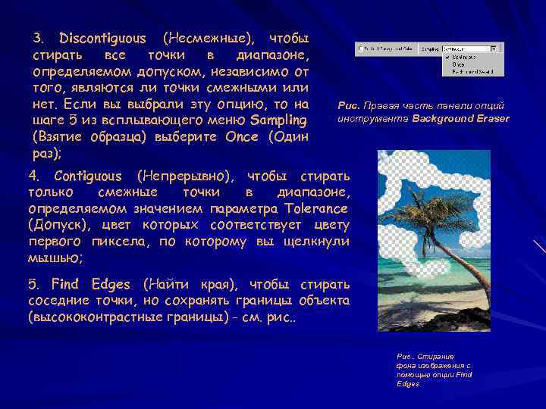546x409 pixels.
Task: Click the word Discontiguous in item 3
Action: pyautogui.click(x=102, y=37)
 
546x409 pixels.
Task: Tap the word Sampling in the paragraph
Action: pyautogui.click(x=278, y=120)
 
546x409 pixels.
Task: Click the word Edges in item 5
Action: pyautogui.click(x=111, y=285)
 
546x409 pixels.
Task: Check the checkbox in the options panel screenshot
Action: pyautogui.click(x=359, y=48)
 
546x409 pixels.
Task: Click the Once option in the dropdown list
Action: pyautogui.click(x=459, y=64)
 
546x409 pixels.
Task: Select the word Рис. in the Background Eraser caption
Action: pyautogui.click(x=348, y=106)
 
